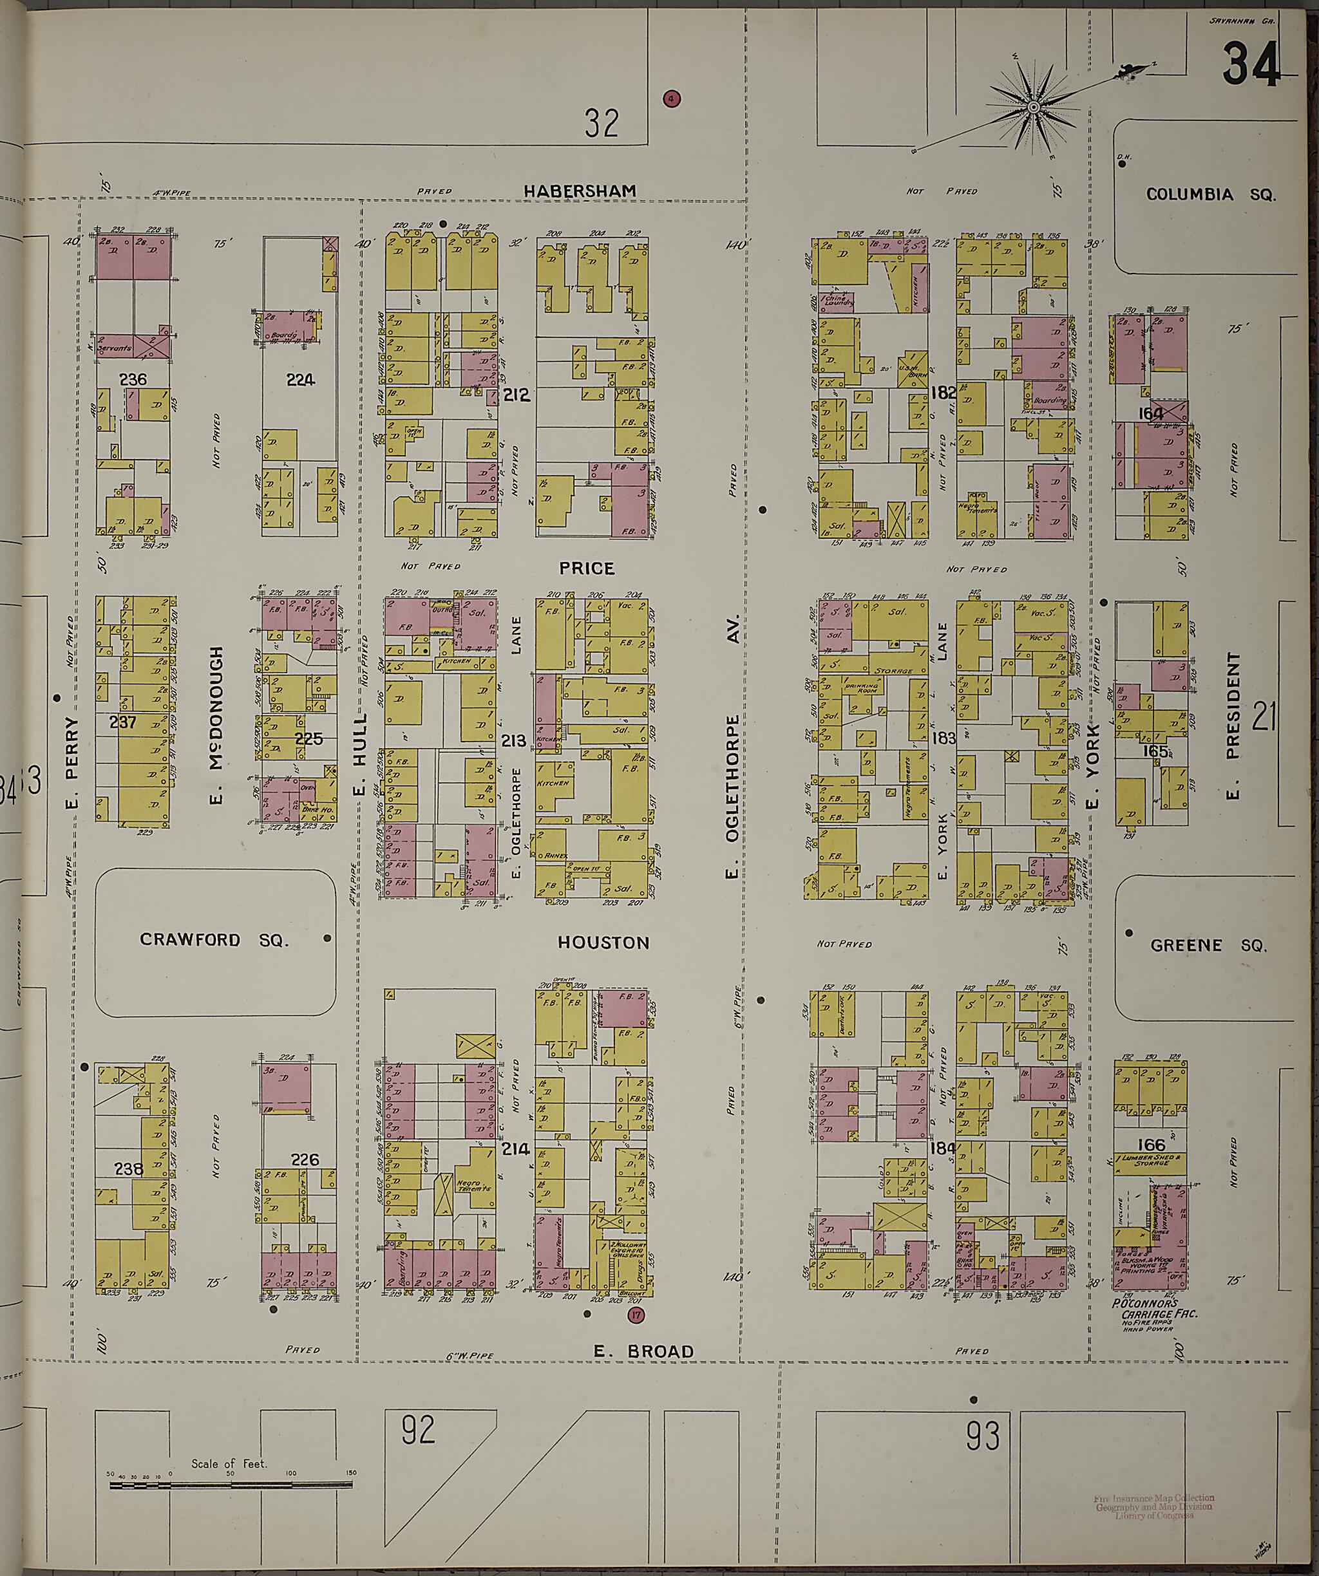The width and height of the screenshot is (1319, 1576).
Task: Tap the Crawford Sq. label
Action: click(x=214, y=939)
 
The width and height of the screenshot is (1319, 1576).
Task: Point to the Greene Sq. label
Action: click(x=1208, y=946)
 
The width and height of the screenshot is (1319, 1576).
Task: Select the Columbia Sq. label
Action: click(x=1210, y=194)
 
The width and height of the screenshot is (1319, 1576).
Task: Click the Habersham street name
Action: click(x=580, y=191)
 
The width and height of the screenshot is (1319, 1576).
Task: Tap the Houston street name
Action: click(x=603, y=943)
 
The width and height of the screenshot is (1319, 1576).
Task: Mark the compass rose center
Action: click(x=1033, y=108)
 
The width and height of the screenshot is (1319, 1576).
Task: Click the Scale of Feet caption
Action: click(x=229, y=1463)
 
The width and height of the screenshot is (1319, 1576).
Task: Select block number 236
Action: click(x=133, y=380)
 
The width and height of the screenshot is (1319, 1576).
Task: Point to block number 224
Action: click(x=299, y=380)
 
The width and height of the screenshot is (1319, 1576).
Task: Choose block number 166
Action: click(x=1150, y=1145)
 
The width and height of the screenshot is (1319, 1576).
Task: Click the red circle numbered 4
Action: click(x=671, y=98)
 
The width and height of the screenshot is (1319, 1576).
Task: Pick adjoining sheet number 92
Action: click(x=417, y=1430)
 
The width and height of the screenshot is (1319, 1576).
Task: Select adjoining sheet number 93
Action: click(x=983, y=1436)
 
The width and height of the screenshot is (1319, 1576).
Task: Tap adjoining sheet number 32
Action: click(x=602, y=123)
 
